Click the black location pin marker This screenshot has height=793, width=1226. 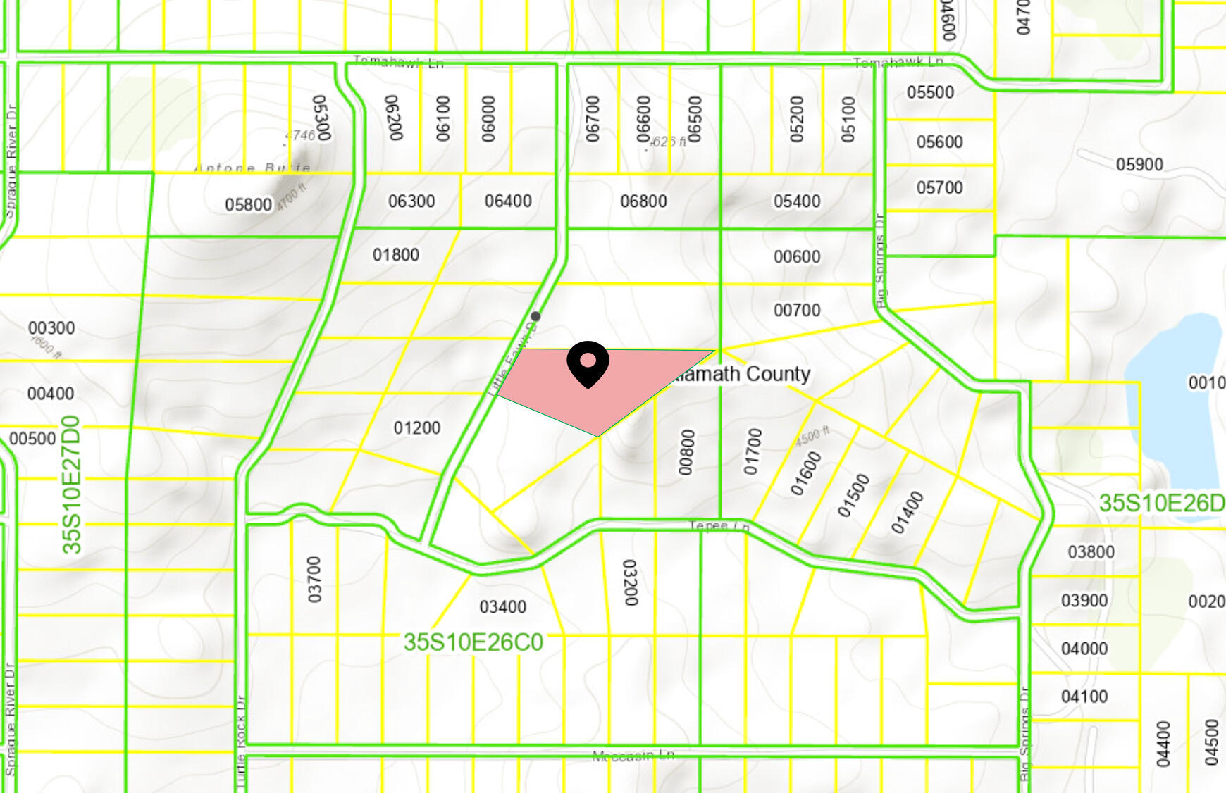tap(588, 363)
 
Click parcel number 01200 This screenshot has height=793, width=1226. tap(417, 427)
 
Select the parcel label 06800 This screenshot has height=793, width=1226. tap(643, 201)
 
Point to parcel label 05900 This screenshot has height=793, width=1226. tap(1139, 165)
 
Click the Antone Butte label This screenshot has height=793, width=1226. tap(252, 168)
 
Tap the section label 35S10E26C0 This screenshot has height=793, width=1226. tap(473, 642)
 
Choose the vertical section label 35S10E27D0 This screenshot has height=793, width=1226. tap(72, 485)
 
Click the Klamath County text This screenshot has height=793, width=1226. tap(741, 374)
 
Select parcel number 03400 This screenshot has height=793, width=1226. tap(502, 606)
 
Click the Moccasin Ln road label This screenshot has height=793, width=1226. tap(633, 756)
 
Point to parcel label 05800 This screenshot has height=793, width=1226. tap(248, 205)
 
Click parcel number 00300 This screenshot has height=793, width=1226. tap(51, 328)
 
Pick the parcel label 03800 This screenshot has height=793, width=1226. tap(1091, 552)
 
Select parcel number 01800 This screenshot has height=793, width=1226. tap(396, 255)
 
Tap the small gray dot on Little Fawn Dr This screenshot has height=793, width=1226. tap(535, 316)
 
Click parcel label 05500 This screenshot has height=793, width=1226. tap(930, 92)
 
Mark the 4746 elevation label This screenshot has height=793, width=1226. tap(300, 135)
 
